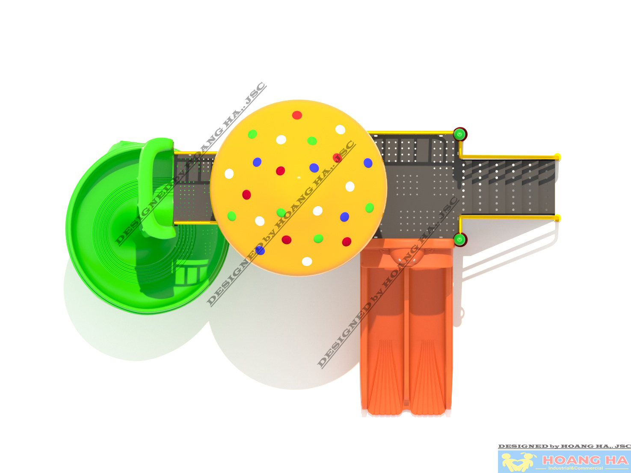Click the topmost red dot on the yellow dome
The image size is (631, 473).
(297, 115)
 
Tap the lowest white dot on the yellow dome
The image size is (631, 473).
(307, 261)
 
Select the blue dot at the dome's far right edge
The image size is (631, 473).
(368, 163)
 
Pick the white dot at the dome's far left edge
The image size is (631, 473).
(229, 174)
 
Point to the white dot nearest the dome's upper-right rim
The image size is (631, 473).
(341, 130)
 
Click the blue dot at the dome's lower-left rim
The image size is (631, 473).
(260, 250)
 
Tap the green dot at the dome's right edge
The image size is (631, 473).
(369, 208)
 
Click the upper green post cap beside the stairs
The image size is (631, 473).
(460, 134)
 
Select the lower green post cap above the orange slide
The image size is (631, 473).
(459, 239)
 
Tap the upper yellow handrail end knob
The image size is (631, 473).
(557, 157)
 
